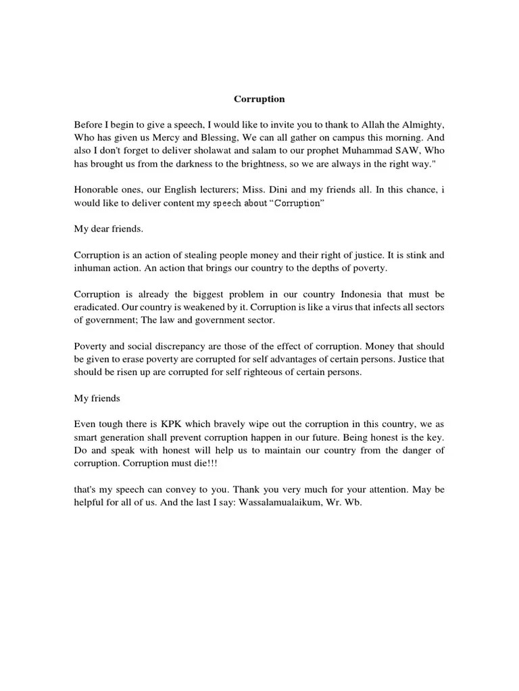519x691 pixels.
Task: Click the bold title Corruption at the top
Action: [x=259, y=99]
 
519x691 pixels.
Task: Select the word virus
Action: [x=340, y=307]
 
